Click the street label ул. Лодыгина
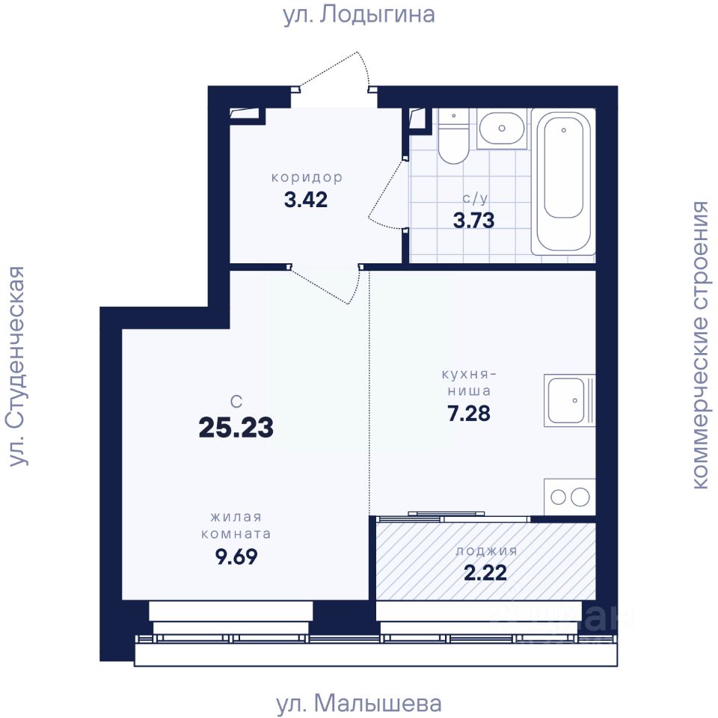tap(358, 15)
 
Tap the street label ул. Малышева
tap(358, 703)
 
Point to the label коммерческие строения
tap(701, 345)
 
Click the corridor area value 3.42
tap(306, 200)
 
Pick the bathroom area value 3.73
tap(474, 220)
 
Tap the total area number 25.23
tap(236, 427)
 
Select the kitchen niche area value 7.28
tap(469, 413)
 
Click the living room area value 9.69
tap(236, 556)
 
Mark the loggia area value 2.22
tap(486, 573)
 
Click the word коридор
tap(307, 177)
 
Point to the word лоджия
tap(486, 551)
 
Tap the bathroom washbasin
tap(502, 129)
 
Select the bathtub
tap(563, 181)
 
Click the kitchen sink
tap(569, 400)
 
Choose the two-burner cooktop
tap(570, 497)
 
